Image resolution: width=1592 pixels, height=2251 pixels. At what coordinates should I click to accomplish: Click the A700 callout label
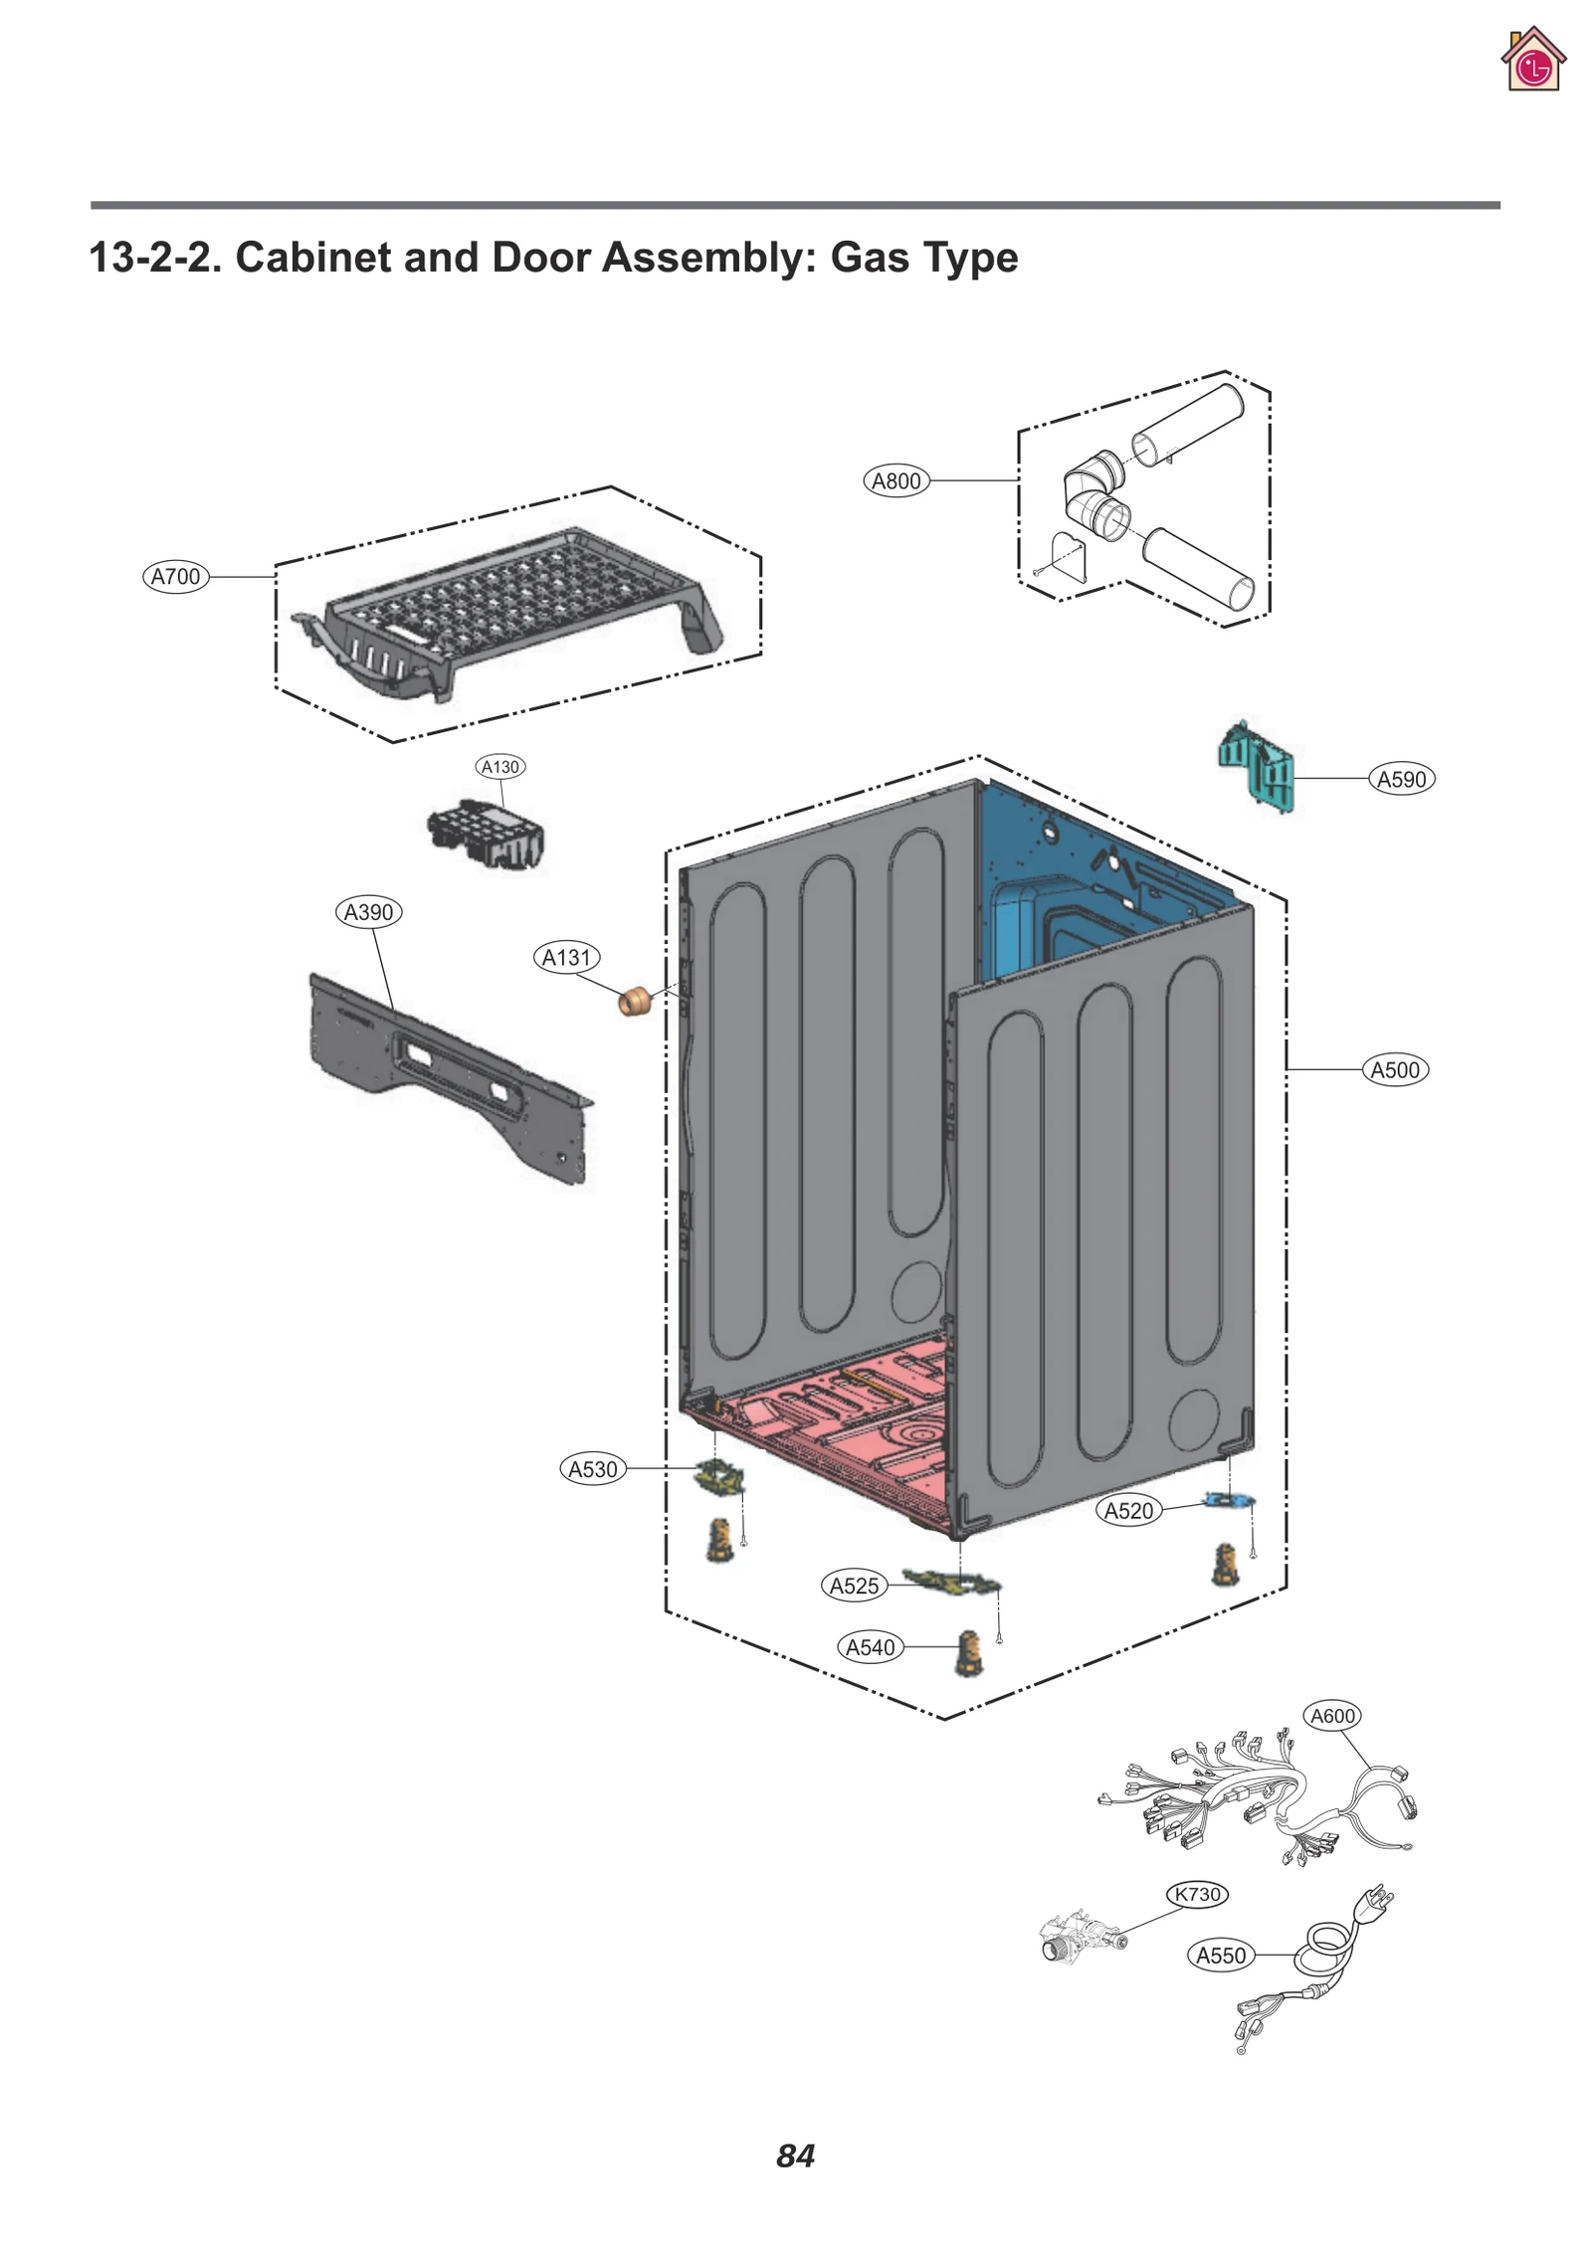click(x=175, y=577)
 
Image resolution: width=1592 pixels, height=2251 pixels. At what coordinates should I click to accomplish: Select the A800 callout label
click(x=895, y=481)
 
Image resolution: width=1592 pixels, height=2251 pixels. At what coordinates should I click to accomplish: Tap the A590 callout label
click(x=1401, y=779)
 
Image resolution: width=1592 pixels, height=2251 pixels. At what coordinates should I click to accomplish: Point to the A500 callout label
click(x=1394, y=1070)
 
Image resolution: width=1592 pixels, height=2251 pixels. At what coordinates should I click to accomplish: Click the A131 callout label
click(x=566, y=958)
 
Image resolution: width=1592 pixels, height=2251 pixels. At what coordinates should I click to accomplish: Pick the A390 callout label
click(x=368, y=912)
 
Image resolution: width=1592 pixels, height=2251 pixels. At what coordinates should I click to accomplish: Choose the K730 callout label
click(x=1197, y=1894)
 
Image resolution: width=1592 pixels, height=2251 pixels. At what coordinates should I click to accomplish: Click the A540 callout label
click(x=870, y=1647)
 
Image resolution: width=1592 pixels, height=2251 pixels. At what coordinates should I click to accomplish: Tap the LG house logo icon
click(x=1532, y=62)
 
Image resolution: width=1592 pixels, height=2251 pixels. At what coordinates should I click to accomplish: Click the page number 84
click(x=795, y=2156)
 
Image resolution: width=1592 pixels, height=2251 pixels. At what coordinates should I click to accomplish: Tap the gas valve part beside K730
click(x=1080, y=1937)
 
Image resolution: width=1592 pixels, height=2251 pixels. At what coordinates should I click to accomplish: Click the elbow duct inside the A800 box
click(x=1094, y=492)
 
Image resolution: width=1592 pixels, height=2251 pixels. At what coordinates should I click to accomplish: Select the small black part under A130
click(x=487, y=832)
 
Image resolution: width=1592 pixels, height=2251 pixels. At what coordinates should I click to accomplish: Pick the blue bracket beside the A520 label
click(x=1228, y=1500)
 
